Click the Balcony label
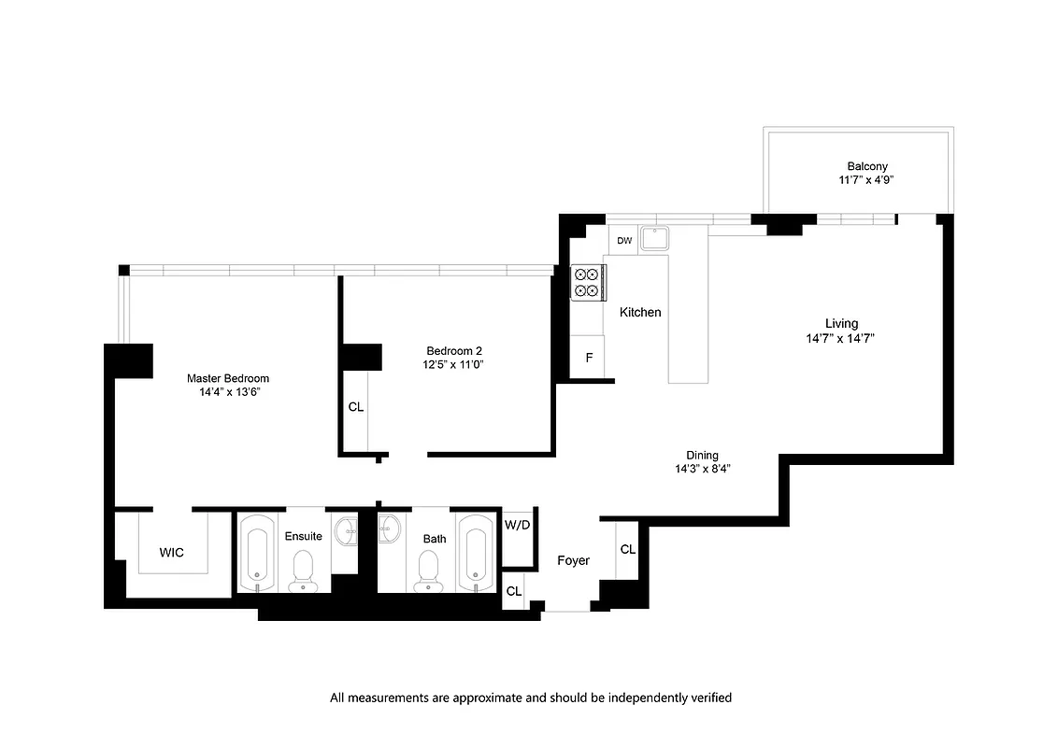867,166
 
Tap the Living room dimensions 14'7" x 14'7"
841,339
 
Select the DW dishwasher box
624,241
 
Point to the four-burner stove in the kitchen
588,282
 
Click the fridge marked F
589,358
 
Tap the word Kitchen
640,312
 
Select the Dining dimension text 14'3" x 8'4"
703,469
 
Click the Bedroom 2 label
452,350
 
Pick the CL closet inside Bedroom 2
355,407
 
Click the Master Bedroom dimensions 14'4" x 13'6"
228,393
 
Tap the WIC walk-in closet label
171,553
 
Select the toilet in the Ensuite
303,570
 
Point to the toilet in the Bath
429,570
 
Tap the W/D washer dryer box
517,524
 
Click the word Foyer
573,560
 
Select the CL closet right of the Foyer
627,549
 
